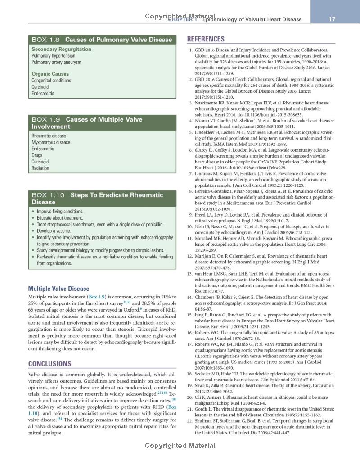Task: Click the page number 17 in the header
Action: [332, 19]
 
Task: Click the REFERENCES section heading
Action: [206, 39]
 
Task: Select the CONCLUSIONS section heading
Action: [50, 363]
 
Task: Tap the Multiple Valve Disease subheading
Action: [59, 289]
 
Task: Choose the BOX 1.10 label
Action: [48, 195]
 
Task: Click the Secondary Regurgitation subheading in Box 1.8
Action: [61, 49]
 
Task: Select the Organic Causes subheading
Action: [50, 74]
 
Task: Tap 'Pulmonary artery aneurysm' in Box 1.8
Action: [56, 62]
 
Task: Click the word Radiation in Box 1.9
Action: [40, 168]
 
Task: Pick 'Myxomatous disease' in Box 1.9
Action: [51, 142]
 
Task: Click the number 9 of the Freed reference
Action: [191, 215]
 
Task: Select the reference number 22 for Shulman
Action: [190, 420]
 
